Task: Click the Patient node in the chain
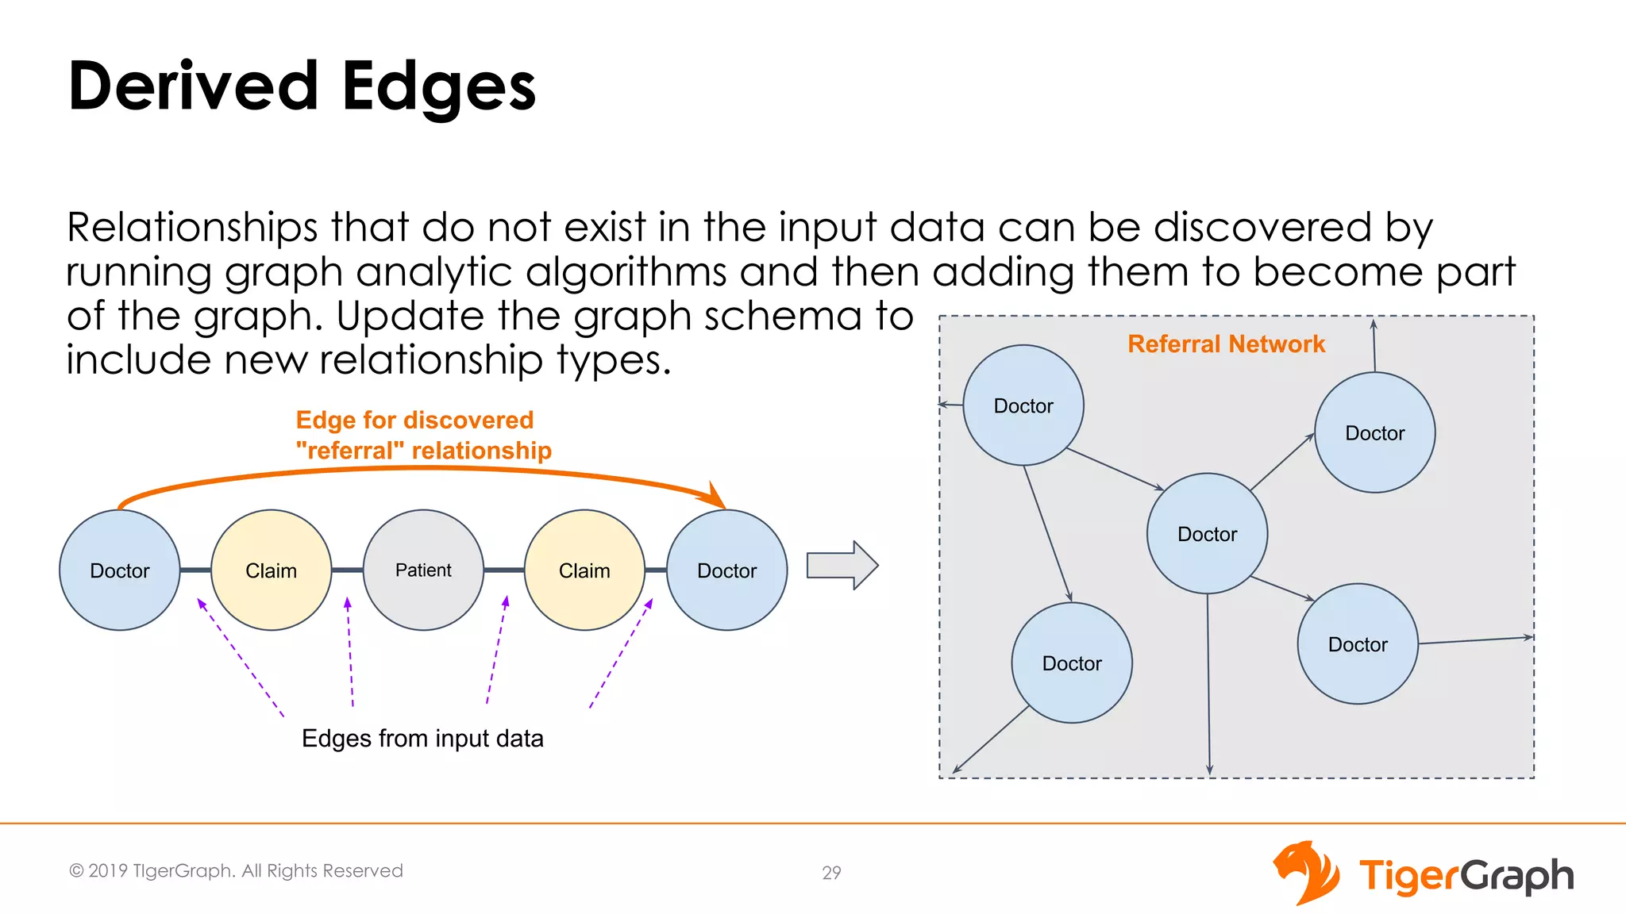click(x=423, y=570)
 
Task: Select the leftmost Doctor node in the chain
click(x=120, y=570)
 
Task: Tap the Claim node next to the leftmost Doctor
click(x=271, y=570)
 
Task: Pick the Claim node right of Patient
click(x=584, y=570)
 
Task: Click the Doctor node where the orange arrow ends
click(x=726, y=570)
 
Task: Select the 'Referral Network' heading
click(x=1226, y=344)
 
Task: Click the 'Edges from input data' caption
click(x=422, y=738)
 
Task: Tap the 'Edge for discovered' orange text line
click(x=414, y=420)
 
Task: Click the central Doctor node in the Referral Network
click(x=1207, y=533)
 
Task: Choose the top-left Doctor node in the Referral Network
click(x=1023, y=405)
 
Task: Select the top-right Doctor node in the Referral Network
click(x=1374, y=432)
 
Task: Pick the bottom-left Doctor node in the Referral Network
click(x=1072, y=662)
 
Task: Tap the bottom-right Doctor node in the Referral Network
click(x=1358, y=643)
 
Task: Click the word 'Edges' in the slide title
click(x=438, y=86)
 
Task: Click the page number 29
click(x=831, y=873)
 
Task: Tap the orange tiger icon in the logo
click(x=1305, y=873)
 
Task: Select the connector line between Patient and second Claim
click(x=503, y=570)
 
